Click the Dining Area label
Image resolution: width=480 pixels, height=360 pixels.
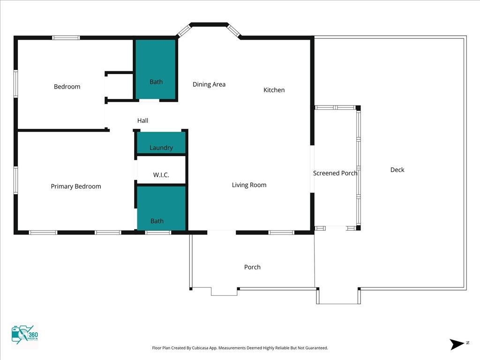click(x=209, y=84)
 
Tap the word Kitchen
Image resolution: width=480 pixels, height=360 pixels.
click(x=274, y=90)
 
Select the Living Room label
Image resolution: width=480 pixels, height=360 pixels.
click(x=249, y=185)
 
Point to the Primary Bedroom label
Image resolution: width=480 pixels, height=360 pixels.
click(x=76, y=186)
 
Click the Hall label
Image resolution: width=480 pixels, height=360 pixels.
click(x=142, y=120)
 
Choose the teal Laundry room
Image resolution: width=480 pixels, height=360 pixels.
click(x=161, y=142)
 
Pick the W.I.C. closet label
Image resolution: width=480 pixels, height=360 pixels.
click(x=161, y=175)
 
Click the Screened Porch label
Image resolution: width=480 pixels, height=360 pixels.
click(x=335, y=173)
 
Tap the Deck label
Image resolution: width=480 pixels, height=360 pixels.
click(x=397, y=170)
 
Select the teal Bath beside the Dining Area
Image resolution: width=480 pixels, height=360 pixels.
click(x=156, y=69)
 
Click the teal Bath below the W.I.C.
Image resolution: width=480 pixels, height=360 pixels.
click(x=161, y=208)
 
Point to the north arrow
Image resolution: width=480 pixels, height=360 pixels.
click(x=457, y=344)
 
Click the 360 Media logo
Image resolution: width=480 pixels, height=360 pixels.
click(x=24, y=335)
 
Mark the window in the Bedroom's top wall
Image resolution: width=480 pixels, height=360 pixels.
click(x=66, y=37)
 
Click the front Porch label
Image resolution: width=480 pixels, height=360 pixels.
click(x=252, y=267)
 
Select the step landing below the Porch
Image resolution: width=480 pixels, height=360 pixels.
click(x=224, y=292)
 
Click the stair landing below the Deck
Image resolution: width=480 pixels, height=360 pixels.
click(x=338, y=296)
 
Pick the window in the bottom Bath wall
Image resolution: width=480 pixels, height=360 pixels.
click(x=158, y=232)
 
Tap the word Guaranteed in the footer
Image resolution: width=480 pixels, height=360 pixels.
click(x=317, y=348)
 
